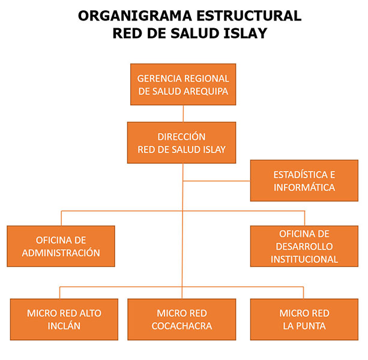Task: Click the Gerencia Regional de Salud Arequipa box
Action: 183,85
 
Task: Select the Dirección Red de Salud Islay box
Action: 181,143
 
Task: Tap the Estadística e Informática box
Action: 304,181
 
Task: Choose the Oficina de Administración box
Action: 61,246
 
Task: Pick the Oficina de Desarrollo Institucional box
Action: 304,246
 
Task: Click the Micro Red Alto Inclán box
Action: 64,320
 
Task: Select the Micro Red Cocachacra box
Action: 181,320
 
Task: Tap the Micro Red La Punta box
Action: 304,320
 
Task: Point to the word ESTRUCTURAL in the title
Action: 250,16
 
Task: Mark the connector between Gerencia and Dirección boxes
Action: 183,113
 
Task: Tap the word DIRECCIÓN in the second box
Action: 181,137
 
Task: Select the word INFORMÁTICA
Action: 304,187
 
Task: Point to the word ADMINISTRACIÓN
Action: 61,253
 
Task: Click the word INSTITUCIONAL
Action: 304,259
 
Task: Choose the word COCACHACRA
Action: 181,326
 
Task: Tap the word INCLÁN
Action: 64,326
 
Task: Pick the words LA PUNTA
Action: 304,326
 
